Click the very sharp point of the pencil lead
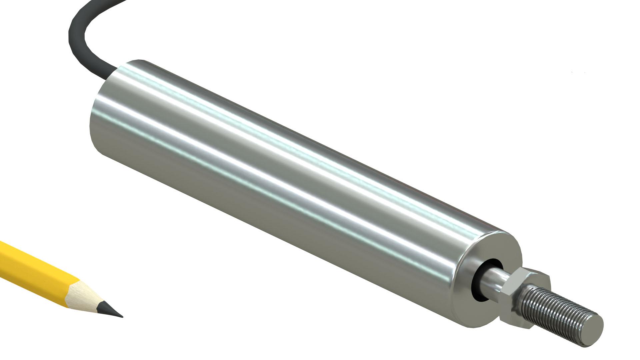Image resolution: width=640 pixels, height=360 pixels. point(122,316)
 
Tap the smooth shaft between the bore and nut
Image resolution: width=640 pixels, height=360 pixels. point(498,278)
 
